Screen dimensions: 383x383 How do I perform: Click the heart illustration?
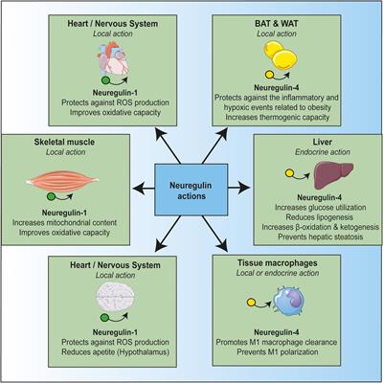point(77,58)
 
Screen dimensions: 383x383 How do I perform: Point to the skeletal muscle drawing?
point(75,180)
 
